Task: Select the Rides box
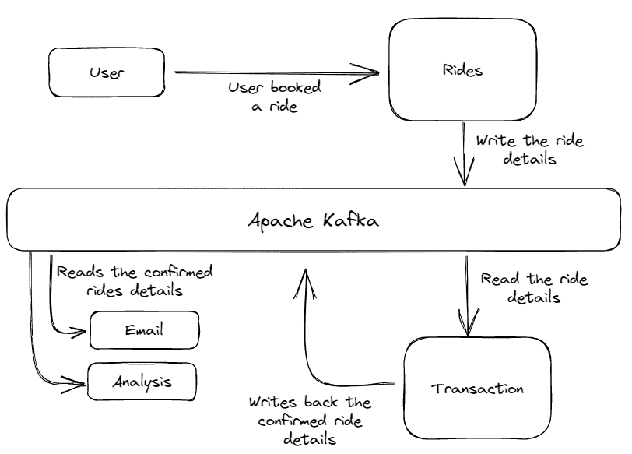coord(462,70)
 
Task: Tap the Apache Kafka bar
coord(314,220)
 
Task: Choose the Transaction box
coord(477,389)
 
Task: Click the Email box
coord(145,330)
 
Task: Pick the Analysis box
coord(142,382)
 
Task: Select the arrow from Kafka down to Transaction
coord(467,296)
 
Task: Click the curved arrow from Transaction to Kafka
coord(311,350)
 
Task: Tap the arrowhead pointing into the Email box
coord(81,332)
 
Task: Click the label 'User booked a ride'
coord(274,97)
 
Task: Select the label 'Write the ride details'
coord(529,150)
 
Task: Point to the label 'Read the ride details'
coord(534,287)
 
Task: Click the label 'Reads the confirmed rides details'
coord(135,282)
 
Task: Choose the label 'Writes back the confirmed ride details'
coord(310,421)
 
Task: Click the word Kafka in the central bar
coord(349,220)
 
